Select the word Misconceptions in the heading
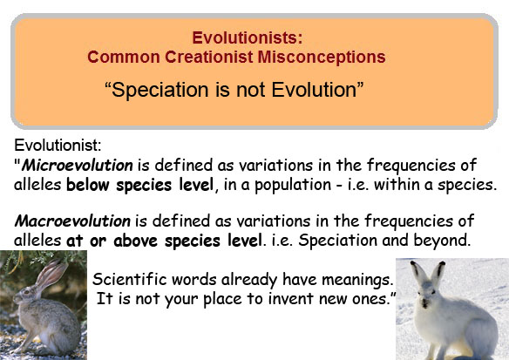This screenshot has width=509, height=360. click(322, 58)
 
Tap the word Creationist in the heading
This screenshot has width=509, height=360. click(208, 58)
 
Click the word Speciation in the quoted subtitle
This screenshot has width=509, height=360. click(160, 90)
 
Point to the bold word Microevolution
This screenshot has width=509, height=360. click(78, 166)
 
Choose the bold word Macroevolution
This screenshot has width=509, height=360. click(72, 221)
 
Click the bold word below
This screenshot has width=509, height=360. click(88, 185)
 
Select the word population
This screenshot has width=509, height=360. click(293, 186)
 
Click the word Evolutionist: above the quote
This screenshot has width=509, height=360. click(58, 145)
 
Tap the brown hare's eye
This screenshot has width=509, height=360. click(27, 292)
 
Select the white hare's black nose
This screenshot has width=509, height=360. click(424, 304)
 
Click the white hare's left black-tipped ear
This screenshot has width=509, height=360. click(417, 272)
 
